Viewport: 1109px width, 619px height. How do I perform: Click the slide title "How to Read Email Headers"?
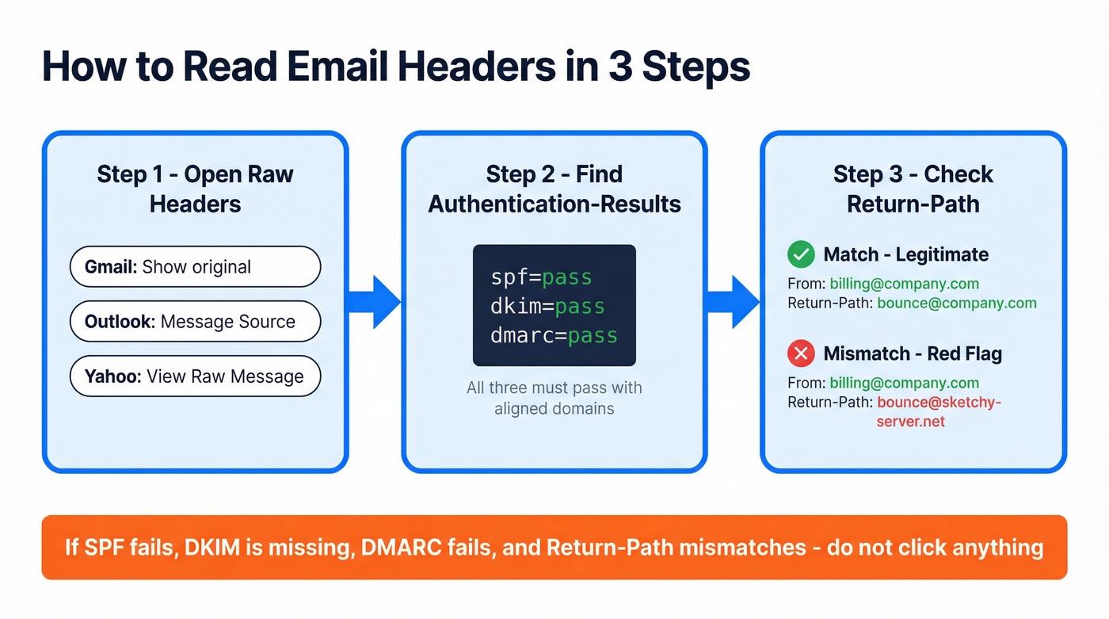point(395,67)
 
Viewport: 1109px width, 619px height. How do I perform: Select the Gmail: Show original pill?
point(195,266)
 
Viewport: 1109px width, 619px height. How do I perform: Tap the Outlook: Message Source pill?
point(195,322)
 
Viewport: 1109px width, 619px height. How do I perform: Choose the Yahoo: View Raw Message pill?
point(195,376)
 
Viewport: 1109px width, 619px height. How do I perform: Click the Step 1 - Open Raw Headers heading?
point(195,189)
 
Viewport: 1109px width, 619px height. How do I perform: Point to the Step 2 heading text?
point(554,189)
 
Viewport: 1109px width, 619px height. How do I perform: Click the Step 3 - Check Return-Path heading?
point(913,189)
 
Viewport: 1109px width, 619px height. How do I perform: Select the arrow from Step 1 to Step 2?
point(374,302)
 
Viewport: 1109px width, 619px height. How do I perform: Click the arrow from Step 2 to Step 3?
point(733,302)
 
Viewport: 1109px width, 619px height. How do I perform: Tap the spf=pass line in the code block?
point(541,277)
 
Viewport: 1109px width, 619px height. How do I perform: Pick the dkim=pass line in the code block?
point(547,306)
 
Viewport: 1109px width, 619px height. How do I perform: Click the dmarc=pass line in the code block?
point(554,334)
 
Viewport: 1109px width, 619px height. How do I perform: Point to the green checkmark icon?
point(801,254)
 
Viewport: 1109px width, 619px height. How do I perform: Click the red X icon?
point(801,353)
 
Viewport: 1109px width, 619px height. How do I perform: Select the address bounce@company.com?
point(956,303)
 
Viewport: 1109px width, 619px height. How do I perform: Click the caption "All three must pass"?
point(554,388)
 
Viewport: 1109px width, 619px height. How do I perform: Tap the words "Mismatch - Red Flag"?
point(913,353)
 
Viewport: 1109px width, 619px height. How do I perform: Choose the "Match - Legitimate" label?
point(905,254)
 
